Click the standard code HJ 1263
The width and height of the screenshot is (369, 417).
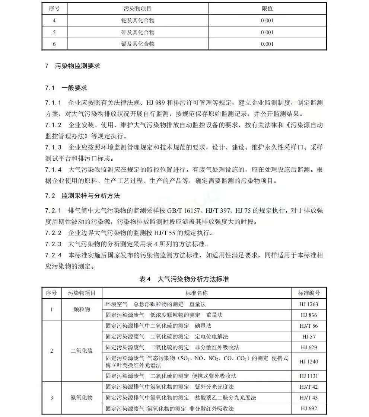(309, 304)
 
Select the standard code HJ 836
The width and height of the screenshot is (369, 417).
(309, 315)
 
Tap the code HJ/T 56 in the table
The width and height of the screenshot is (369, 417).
(309, 326)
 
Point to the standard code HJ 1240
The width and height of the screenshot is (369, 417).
(309, 362)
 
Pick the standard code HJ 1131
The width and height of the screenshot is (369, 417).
(309, 376)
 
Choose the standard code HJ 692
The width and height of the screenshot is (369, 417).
(309, 408)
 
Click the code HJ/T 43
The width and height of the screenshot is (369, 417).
(309, 398)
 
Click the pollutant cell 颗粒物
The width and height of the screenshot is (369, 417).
(82, 309)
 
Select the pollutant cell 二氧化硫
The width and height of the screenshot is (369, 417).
(82, 351)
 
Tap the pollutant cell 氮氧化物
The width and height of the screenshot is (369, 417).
(82, 398)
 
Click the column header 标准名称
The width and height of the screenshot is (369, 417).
(197, 293)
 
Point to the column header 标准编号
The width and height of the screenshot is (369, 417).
(309, 293)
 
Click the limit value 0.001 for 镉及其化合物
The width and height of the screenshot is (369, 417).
(267, 44)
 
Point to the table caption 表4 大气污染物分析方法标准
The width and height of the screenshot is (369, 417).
(184, 279)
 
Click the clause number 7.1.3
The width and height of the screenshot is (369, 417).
(53, 147)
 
